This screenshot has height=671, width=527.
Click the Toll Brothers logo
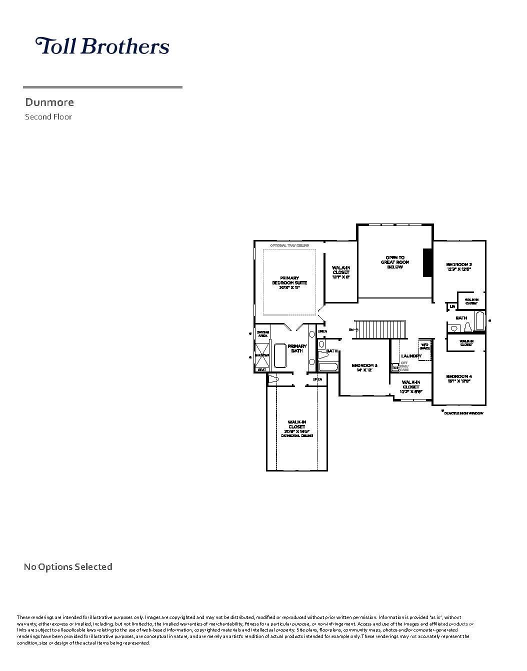pyautogui.click(x=102, y=46)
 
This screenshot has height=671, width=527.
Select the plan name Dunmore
pyautogui.click(x=49, y=102)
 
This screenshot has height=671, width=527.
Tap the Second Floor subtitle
pyautogui.click(x=48, y=117)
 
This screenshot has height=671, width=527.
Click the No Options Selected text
pyautogui.click(x=68, y=566)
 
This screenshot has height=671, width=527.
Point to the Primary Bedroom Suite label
pyautogui.click(x=289, y=282)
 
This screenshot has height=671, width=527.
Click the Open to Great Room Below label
pyautogui.click(x=395, y=262)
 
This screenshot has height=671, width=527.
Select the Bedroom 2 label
pyautogui.click(x=458, y=266)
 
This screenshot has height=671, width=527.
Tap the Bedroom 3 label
pyautogui.click(x=364, y=367)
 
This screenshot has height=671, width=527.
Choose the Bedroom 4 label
pyautogui.click(x=458, y=378)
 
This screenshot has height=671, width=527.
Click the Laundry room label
pyautogui.click(x=411, y=356)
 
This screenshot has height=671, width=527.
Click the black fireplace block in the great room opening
pyautogui.click(x=427, y=262)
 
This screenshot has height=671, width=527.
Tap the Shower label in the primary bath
pyautogui.click(x=262, y=355)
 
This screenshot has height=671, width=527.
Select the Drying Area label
pyautogui.click(x=262, y=334)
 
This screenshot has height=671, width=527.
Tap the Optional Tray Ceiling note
pyautogui.click(x=289, y=245)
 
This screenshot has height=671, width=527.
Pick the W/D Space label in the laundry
pyautogui.click(x=424, y=346)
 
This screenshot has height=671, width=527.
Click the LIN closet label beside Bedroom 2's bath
pyautogui.click(x=452, y=306)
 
